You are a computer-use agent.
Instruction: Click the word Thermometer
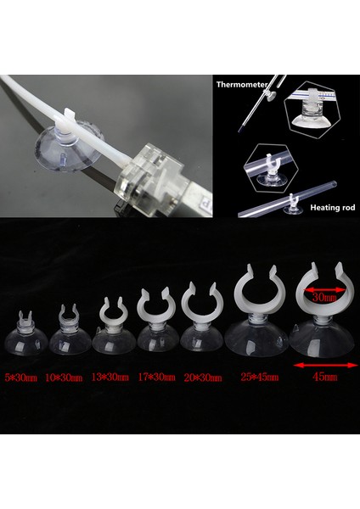coord(242,85)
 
